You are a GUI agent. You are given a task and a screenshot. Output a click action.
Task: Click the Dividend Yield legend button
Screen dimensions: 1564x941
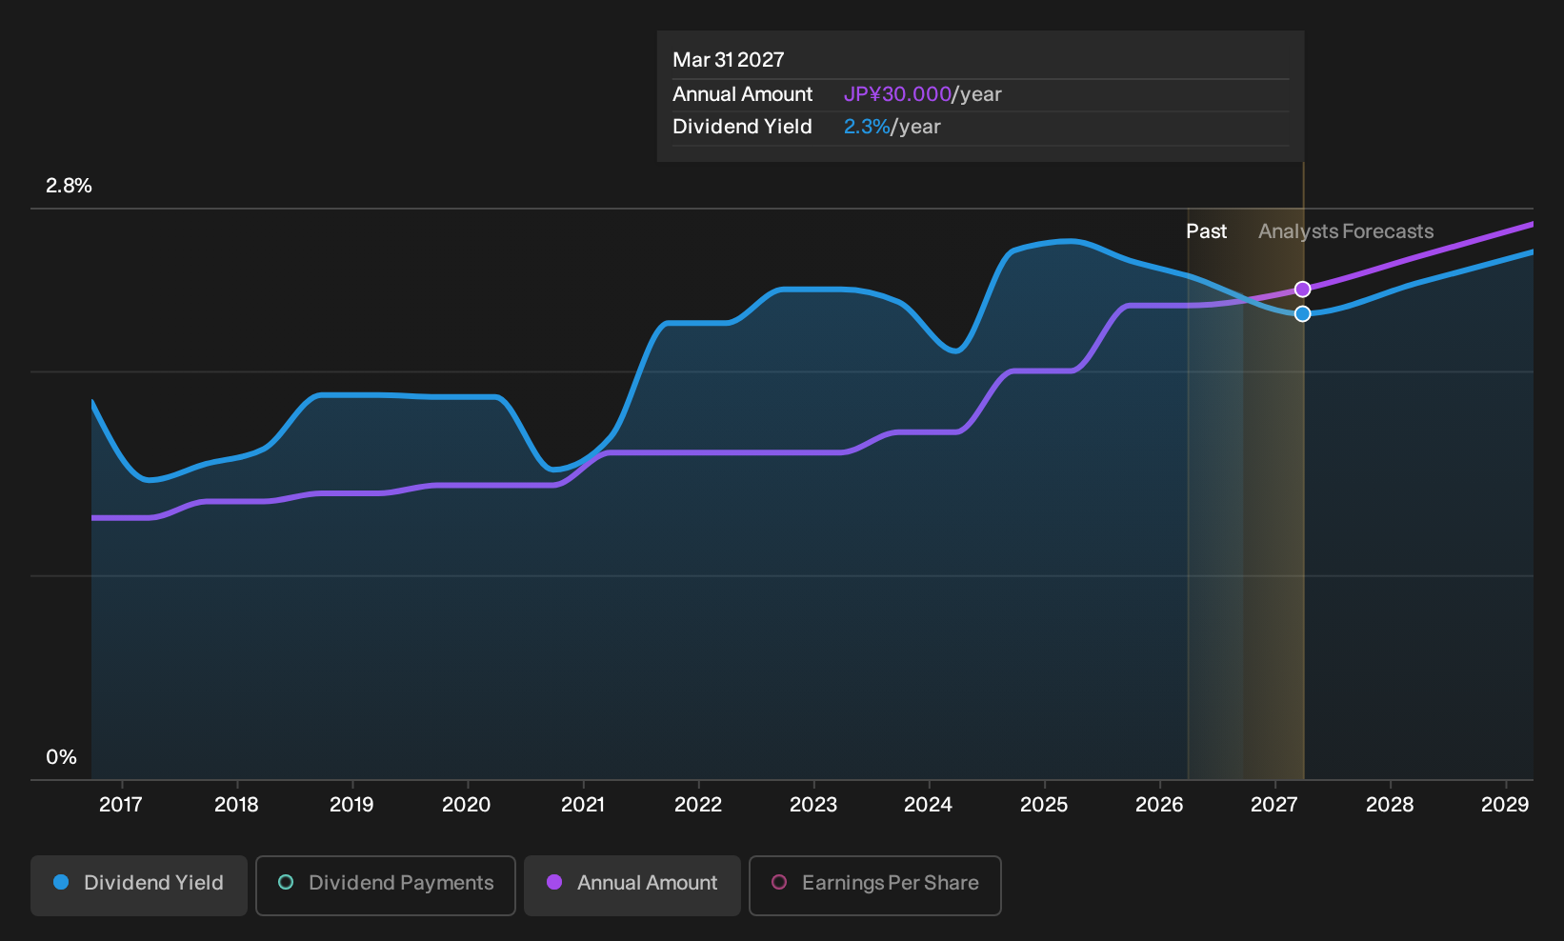click(139, 885)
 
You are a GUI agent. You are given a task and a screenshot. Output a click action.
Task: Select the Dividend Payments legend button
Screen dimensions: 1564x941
click(386, 885)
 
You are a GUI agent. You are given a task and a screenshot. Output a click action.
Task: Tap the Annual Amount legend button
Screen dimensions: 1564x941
click(632, 885)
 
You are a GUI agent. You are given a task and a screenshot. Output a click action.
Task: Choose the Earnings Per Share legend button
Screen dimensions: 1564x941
click(874, 885)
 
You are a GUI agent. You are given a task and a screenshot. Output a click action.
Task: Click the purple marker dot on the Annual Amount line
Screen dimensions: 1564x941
click(1302, 289)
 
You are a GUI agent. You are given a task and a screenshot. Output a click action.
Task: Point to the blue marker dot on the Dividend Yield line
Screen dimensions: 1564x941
click(1302, 314)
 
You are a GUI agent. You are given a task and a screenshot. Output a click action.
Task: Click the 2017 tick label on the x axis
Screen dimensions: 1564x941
click(121, 805)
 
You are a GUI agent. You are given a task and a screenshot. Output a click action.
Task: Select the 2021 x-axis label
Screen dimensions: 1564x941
click(583, 805)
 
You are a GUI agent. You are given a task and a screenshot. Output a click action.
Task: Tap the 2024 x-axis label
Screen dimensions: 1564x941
click(929, 805)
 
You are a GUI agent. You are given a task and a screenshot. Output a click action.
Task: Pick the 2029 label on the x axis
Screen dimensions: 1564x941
click(1505, 805)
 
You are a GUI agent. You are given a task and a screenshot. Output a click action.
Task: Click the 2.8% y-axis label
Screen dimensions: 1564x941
click(69, 186)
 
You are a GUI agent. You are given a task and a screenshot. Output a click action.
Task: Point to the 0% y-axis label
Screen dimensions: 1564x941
click(62, 757)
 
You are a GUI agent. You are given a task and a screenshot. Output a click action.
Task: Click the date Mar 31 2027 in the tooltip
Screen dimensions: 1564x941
click(729, 60)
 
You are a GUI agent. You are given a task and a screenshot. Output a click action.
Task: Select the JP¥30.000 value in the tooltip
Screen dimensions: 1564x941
click(897, 94)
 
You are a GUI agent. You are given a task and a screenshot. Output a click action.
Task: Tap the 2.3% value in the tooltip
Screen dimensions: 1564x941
click(867, 127)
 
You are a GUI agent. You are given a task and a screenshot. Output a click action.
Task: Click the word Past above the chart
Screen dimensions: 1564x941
click(1207, 231)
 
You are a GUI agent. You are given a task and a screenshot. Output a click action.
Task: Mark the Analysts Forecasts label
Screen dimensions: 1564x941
click(1346, 231)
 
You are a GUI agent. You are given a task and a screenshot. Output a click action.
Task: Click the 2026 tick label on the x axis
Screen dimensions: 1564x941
click(1160, 805)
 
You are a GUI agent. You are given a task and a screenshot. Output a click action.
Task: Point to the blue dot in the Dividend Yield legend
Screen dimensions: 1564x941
click(62, 882)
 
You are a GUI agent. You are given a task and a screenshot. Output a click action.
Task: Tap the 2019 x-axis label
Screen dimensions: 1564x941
click(351, 805)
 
